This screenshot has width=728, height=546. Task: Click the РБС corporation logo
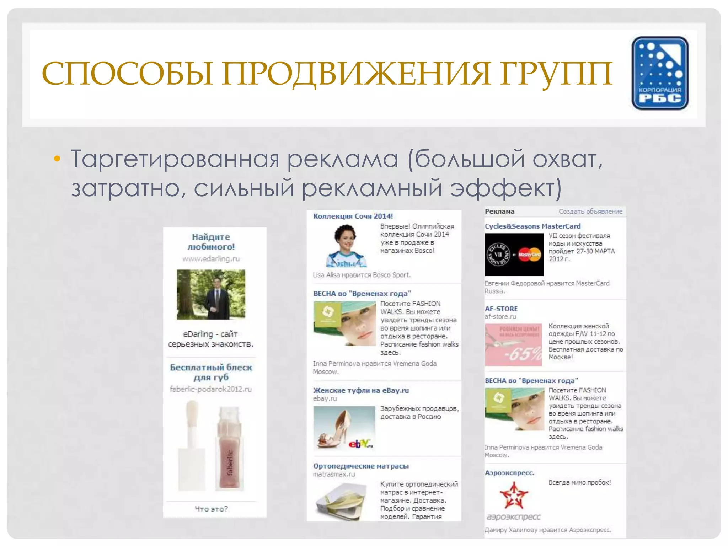pyautogui.click(x=660, y=73)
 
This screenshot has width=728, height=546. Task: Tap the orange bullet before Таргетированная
pyautogui.click(x=57, y=159)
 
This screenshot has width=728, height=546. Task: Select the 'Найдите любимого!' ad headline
pyautogui.click(x=211, y=242)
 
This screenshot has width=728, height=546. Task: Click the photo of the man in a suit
pyautogui.click(x=211, y=294)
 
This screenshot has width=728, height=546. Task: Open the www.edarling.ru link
pyautogui.click(x=211, y=259)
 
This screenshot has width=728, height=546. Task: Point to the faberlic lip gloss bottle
pyautogui.click(x=229, y=448)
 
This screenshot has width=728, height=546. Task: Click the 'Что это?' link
pyautogui.click(x=211, y=509)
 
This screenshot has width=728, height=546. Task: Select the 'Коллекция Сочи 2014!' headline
pyautogui.click(x=353, y=216)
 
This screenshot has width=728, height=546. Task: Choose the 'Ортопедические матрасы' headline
pyautogui.click(x=361, y=466)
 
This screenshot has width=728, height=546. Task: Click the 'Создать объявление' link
pyautogui.click(x=590, y=212)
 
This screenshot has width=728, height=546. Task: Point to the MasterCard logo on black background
pyautogui.click(x=530, y=255)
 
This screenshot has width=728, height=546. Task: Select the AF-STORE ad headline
pyautogui.click(x=501, y=309)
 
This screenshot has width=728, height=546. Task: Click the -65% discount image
pyautogui.click(x=513, y=345)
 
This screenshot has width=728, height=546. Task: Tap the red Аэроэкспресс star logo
pyautogui.click(x=514, y=495)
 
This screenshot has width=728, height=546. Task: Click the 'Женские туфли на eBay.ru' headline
pyautogui.click(x=361, y=390)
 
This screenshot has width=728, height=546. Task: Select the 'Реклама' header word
pyautogui.click(x=499, y=212)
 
